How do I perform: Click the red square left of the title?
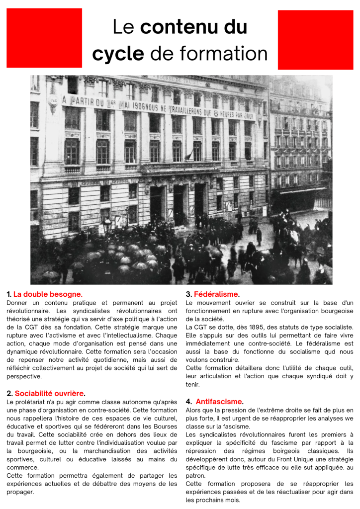click(44, 37)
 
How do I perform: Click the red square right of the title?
click(315, 40)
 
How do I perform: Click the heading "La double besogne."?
click(48, 294)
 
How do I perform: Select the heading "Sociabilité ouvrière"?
click(49, 394)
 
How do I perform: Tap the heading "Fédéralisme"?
click(216, 294)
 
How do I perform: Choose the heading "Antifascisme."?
click(219, 401)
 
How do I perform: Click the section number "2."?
click(9, 394)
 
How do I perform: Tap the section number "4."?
click(189, 401)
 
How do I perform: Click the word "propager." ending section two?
click(20, 492)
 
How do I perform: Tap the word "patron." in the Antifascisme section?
click(196, 475)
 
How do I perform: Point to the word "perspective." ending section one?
click(24, 376)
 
